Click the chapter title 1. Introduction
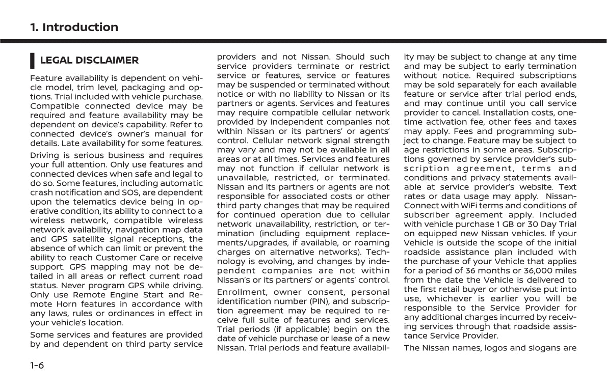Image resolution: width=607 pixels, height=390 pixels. click(74, 27)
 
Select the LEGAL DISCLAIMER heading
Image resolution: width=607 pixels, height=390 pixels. click(89, 60)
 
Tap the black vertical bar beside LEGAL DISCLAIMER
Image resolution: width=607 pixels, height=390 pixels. click(33, 60)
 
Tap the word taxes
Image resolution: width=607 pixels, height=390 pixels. click(564, 122)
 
